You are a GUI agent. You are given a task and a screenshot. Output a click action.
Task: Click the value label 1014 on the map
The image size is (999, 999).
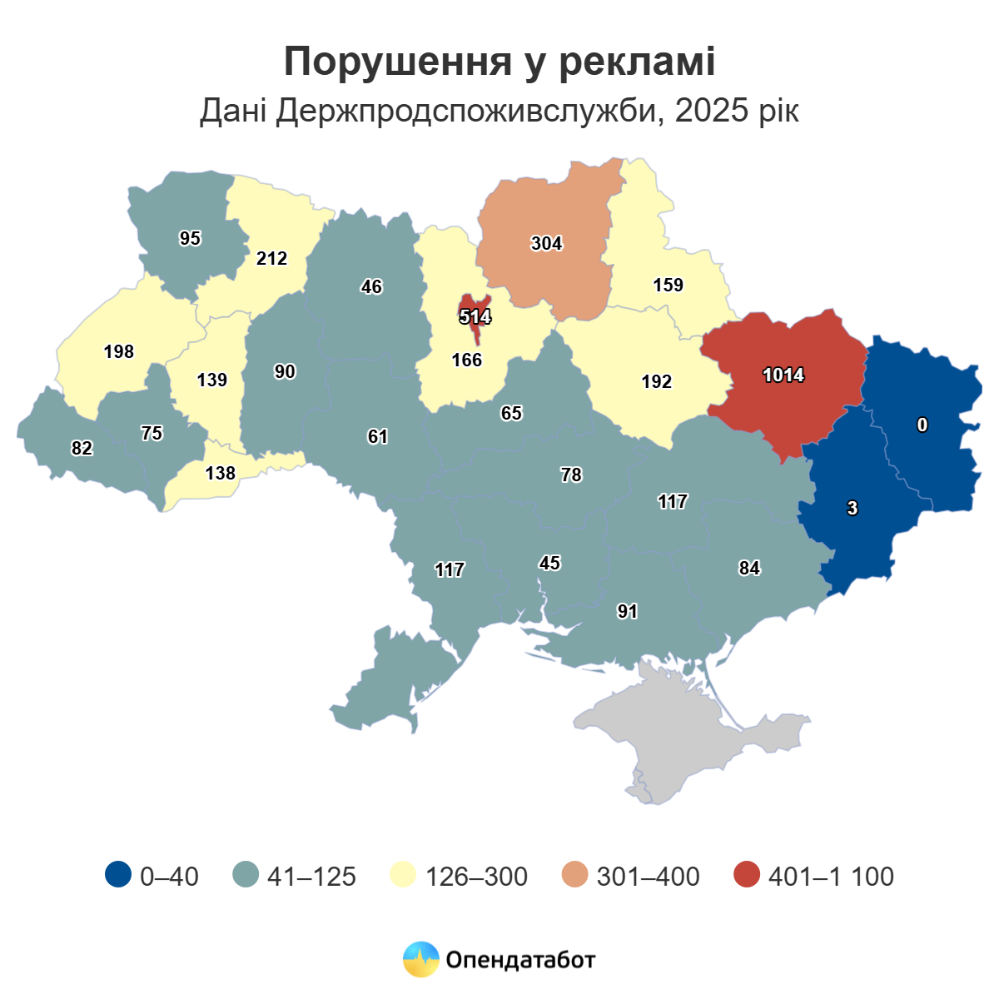783,375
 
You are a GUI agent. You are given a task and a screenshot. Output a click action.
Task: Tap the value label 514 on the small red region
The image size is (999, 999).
475,317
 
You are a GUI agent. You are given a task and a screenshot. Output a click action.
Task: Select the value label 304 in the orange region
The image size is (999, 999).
547,244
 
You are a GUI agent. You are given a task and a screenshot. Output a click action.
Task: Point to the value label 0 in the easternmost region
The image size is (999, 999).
922,425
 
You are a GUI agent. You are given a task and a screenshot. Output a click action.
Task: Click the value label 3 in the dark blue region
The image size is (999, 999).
852,509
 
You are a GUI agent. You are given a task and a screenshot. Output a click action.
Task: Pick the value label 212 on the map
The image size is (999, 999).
271,259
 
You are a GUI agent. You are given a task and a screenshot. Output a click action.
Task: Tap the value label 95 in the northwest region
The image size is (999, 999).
190,239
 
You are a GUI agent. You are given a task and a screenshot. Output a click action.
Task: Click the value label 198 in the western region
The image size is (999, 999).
119,352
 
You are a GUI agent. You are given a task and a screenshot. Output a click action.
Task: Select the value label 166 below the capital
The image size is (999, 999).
467,360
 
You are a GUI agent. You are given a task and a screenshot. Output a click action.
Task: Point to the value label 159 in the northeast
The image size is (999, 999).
668,286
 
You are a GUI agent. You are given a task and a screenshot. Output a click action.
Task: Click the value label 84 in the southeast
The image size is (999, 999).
749,569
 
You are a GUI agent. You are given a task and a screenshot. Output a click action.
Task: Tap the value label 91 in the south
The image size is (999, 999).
627,612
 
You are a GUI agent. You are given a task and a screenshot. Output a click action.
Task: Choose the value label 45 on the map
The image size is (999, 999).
549,564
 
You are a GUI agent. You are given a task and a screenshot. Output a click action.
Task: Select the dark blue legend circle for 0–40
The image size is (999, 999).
118,875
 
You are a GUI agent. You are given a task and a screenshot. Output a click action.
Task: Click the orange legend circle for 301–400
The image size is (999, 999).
574,875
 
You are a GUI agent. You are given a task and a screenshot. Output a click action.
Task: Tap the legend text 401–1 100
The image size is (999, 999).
831,877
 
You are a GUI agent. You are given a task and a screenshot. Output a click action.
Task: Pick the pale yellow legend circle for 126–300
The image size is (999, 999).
403,875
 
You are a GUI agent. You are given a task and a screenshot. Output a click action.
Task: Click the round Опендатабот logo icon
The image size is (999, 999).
420,959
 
